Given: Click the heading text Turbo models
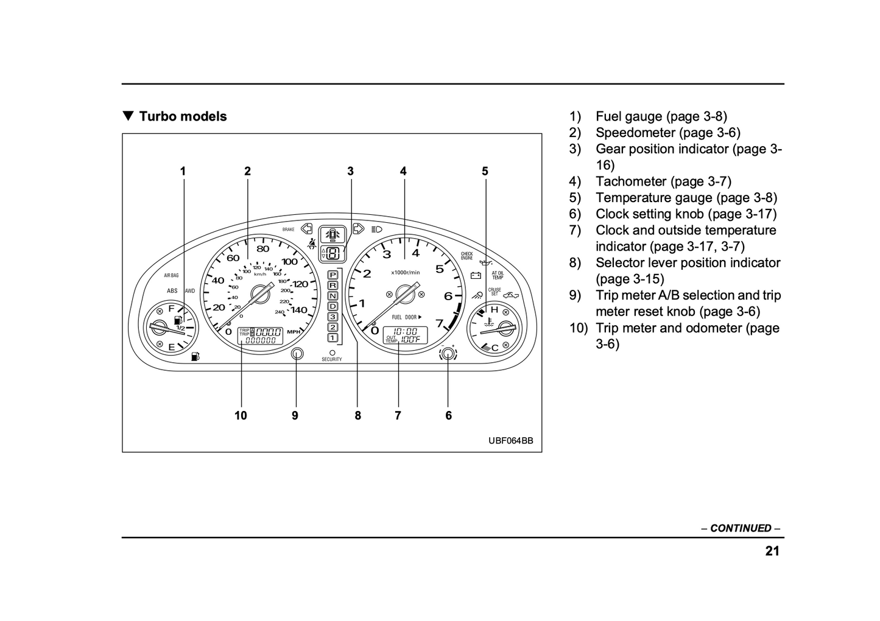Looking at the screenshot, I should [x=182, y=116].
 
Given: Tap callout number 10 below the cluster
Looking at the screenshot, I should [x=241, y=415].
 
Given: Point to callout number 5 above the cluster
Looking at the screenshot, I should [x=485, y=171].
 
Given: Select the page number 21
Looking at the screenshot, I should [x=772, y=551].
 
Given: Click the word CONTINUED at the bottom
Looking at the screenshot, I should [x=741, y=528].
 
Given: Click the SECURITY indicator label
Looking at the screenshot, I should [x=332, y=359].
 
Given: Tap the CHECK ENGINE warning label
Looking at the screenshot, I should [x=466, y=256].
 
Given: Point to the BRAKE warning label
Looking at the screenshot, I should [x=288, y=230].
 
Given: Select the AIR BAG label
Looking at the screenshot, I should [x=171, y=275].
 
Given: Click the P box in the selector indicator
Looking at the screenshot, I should [x=333, y=275].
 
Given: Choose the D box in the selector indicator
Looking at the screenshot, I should [x=333, y=306].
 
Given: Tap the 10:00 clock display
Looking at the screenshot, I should [x=405, y=331].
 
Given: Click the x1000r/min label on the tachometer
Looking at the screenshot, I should [x=405, y=272].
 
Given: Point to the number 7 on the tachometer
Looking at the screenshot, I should [x=439, y=323].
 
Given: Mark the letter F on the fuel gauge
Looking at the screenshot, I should [x=171, y=308].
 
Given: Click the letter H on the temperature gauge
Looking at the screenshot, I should [x=494, y=309].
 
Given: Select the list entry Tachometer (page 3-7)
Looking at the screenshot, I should [x=663, y=181].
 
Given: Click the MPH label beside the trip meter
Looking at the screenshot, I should [x=294, y=332].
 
